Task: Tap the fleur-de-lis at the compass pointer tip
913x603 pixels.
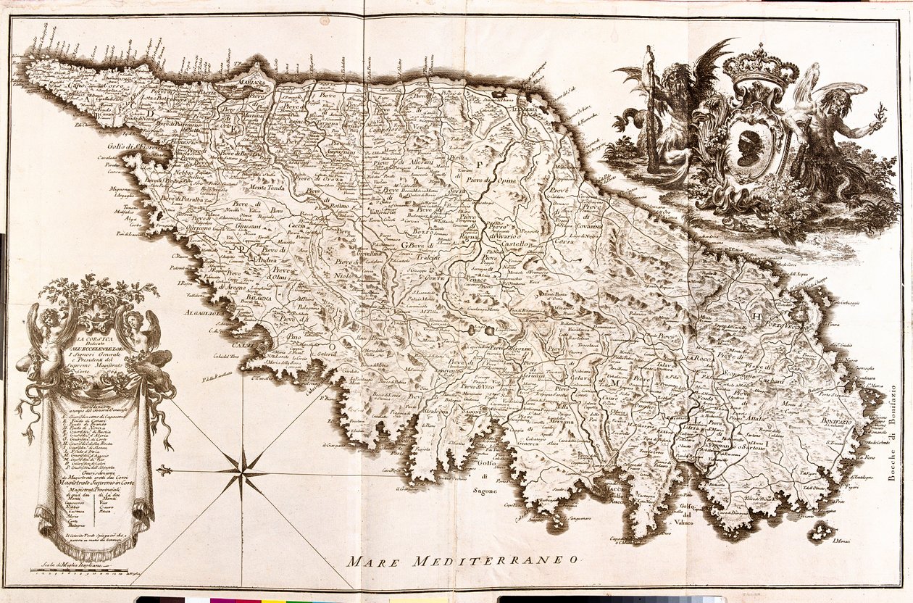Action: (164, 470)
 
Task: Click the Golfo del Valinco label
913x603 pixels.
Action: (675, 515)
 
